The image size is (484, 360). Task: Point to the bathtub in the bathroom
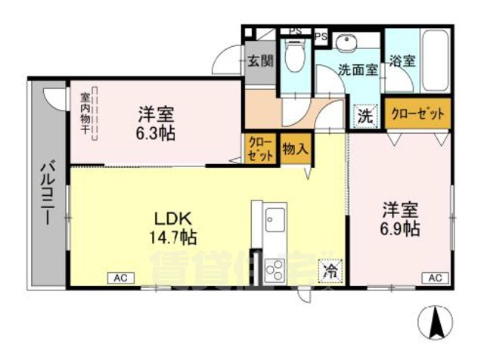pyautogui.click(x=436, y=60)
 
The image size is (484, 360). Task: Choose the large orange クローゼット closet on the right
pyautogui.click(x=417, y=114)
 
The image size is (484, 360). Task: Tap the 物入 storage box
pyautogui.click(x=294, y=147)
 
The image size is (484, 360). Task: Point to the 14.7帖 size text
pyautogui.click(x=173, y=237)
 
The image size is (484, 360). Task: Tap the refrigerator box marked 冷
pyautogui.click(x=330, y=268)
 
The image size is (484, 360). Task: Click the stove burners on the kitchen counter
pyautogui.click(x=275, y=268)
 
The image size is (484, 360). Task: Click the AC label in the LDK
pyautogui.click(x=119, y=278)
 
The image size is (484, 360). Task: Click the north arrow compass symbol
pyautogui.click(x=436, y=321)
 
